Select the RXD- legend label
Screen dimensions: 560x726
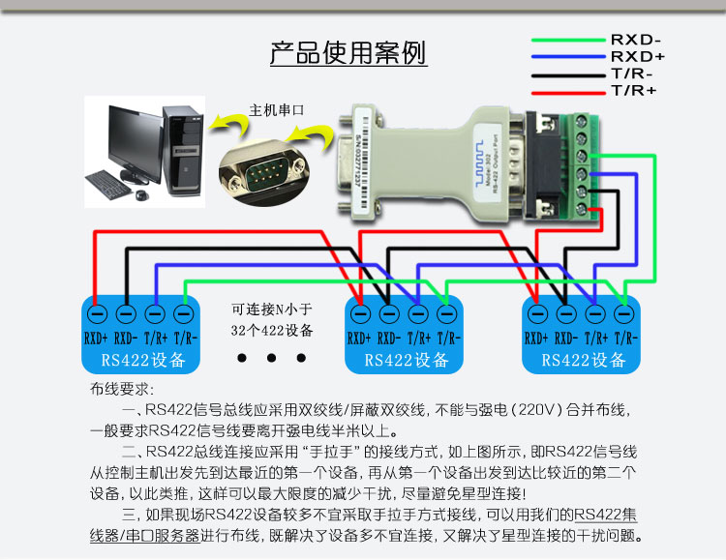click(636, 41)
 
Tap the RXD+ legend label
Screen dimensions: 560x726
click(637, 57)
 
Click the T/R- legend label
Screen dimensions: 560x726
click(632, 74)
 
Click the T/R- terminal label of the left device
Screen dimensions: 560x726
click(183, 339)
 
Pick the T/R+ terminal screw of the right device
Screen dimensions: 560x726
click(594, 314)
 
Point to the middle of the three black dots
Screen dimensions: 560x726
click(272, 359)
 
